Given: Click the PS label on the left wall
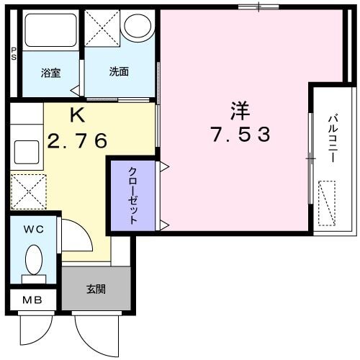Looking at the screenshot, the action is [x=14, y=54].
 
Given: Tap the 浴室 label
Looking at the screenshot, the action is [x=50, y=73].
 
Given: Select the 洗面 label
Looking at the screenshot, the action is [x=119, y=71].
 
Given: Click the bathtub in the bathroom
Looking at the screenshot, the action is [x=50, y=30].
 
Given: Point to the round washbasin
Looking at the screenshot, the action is [x=138, y=26].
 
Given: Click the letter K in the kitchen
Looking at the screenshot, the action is [x=77, y=115].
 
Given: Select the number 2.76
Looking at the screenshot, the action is [x=77, y=141].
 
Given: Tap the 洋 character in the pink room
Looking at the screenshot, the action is [x=240, y=112].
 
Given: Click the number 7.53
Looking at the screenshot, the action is [x=240, y=135].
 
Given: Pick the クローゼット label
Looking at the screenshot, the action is [x=133, y=196].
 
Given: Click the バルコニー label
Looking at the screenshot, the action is [x=333, y=139].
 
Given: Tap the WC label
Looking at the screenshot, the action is [x=34, y=230].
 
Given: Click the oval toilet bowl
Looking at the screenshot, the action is [x=34, y=260].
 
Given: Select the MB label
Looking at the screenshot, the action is [x=32, y=300].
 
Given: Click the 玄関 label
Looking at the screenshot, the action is [x=96, y=289].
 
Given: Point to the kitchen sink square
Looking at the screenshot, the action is [x=27, y=152].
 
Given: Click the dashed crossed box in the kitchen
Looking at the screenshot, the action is [x=29, y=192].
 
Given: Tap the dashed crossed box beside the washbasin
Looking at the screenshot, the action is [x=102, y=28].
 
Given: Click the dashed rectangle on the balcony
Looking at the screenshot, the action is [x=327, y=203].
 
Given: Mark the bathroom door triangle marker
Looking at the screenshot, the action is [x=76, y=90].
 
